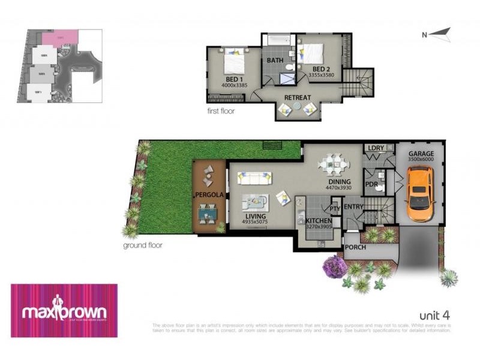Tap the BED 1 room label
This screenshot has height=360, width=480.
(x=233, y=79)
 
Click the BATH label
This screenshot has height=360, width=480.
(x=275, y=61)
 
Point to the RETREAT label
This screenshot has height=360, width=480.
(x=298, y=98)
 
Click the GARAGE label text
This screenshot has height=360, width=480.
(x=421, y=154)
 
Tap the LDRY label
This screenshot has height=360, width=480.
(x=376, y=148)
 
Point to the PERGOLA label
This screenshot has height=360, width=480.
(x=209, y=195)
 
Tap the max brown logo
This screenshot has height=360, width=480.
(x=64, y=311)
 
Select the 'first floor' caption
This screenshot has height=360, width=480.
(x=220, y=111)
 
